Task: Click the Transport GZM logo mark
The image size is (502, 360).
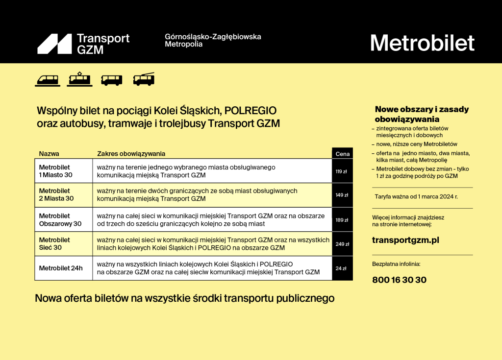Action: pyautogui.click(x=54, y=44)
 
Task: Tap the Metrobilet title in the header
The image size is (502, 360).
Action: pyautogui.click(x=422, y=43)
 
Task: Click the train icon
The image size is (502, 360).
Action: pyautogui.click(x=47, y=80)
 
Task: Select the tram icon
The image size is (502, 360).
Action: pyautogui.click(x=79, y=79)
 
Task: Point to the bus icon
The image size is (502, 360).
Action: pyautogui.click(x=111, y=80)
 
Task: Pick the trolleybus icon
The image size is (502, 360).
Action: pyautogui.click(x=144, y=79)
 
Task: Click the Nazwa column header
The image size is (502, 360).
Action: pyautogui.click(x=49, y=154)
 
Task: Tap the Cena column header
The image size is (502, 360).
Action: pyautogui.click(x=342, y=154)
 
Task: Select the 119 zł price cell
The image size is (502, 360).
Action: pyautogui.click(x=342, y=171)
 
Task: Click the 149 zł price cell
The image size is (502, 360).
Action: pyautogui.click(x=342, y=195)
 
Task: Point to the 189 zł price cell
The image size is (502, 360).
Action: pyautogui.click(x=342, y=220)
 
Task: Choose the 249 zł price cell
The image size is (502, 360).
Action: pyautogui.click(x=342, y=244)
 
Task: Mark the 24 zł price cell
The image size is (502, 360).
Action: pyautogui.click(x=342, y=268)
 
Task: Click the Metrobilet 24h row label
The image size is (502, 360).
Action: pyautogui.click(x=61, y=268)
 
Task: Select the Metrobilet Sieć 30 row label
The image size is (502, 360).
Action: pyautogui.click(x=54, y=244)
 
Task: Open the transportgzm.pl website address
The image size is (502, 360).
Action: pyautogui.click(x=405, y=240)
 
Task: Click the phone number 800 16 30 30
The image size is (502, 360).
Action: pyautogui.click(x=400, y=280)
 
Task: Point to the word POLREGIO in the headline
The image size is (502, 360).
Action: pyautogui.click(x=251, y=111)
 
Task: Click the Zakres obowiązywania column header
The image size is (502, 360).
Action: pyautogui.click(x=131, y=154)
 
